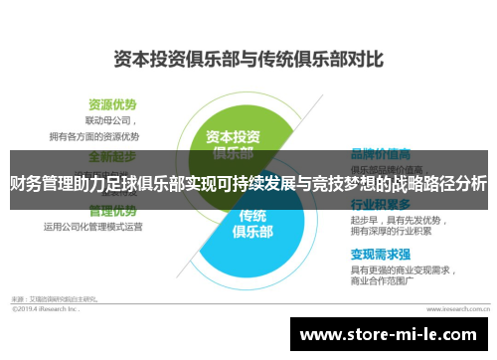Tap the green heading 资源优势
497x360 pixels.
111,103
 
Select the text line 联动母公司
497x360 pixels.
108,120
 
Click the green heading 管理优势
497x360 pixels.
111,211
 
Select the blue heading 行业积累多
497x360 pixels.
377,203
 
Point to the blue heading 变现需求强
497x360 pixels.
377,254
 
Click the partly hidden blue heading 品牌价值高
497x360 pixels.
377,155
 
